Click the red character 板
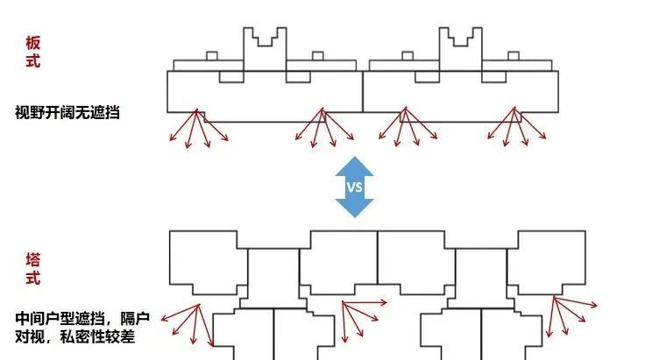[32, 43]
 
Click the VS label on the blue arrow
[355, 187]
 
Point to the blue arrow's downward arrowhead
[355, 208]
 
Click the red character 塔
[32, 260]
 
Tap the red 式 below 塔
[32, 279]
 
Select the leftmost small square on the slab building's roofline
[211, 56]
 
